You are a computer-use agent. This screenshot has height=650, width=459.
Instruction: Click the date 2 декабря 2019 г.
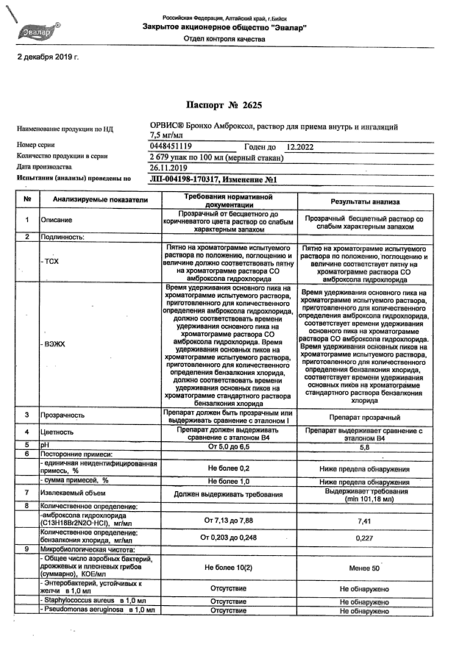pyautogui.click(x=48, y=57)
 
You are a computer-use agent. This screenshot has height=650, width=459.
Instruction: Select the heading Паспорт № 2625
pyautogui.click(x=224, y=105)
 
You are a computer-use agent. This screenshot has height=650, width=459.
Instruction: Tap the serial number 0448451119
pyautogui.click(x=171, y=146)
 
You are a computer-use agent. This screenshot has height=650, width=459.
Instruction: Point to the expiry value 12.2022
pyautogui.click(x=300, y=147)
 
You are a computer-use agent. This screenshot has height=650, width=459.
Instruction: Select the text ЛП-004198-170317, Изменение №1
pyautogui.click(x=213, y=180)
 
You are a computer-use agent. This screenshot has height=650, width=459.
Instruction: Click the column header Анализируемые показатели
pyautogui.click(x=100, y=200)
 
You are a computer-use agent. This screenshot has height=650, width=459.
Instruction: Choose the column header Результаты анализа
pyautogui.click(x=365, y=202)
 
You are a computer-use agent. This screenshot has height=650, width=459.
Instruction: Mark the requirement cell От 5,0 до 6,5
pyautogui.click(x=229, y=447)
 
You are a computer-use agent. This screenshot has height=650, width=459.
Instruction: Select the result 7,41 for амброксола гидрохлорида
pyautogui.click(x=364, y=521)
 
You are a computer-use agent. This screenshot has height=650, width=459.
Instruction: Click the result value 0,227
pyautogui.click(x=364, y=538)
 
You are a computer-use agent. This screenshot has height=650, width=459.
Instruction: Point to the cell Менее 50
pyautogui.click(x=364, y=568)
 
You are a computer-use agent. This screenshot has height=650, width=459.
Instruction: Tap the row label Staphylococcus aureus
pyautogui.click(x=79, y=600)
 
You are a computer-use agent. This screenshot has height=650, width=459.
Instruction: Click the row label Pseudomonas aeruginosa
pyautogui.click(x=84, y=610)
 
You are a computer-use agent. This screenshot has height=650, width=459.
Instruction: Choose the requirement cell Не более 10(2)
pyautogui.click(x=228, y=567)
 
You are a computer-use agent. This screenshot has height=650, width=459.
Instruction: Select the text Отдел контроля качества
pyautogui.click(x=224, y=39)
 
